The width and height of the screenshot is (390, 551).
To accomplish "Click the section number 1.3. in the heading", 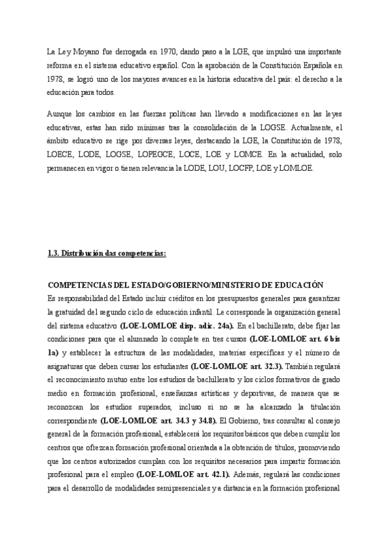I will click(x=55, y=253).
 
